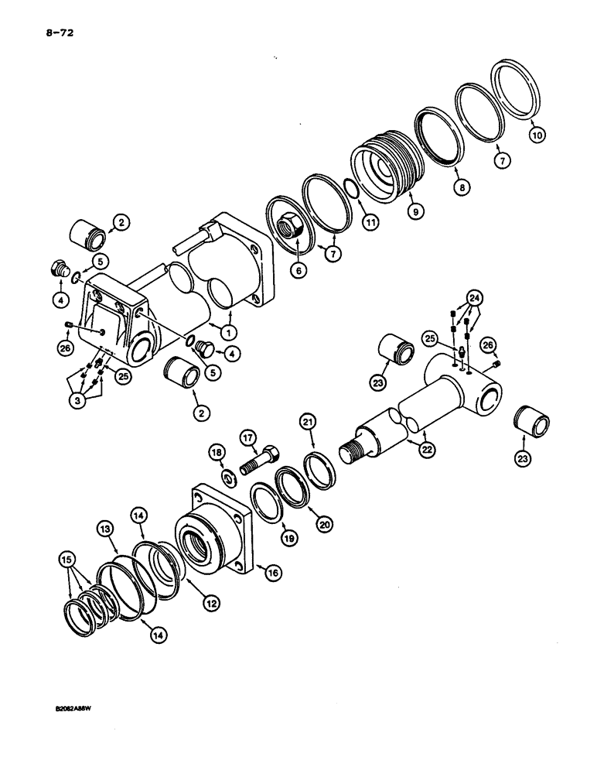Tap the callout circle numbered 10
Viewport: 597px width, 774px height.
(x=537, y=135)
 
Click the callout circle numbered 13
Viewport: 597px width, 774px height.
(x=107, y=528)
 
